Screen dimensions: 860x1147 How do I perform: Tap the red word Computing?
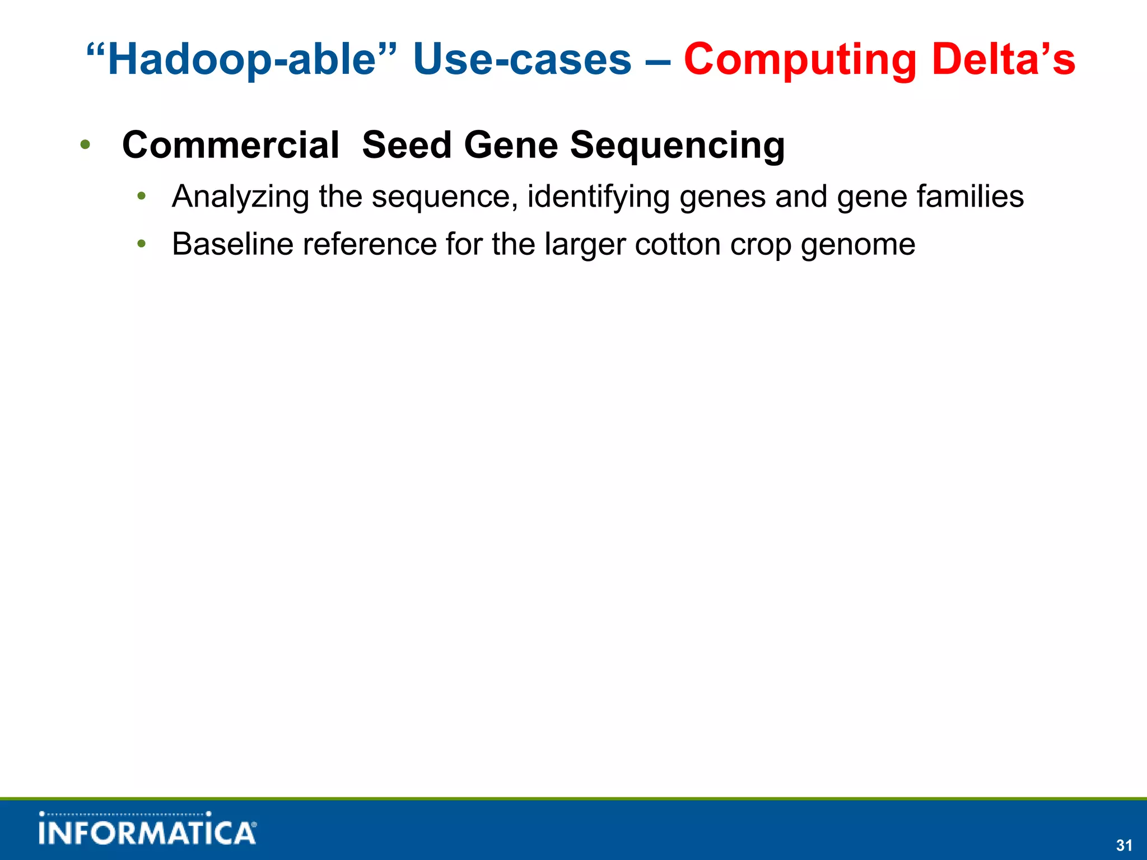800,60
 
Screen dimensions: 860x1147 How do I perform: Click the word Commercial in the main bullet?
231,145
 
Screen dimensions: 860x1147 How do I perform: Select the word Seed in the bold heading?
407,145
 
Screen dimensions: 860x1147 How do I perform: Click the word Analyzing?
240,197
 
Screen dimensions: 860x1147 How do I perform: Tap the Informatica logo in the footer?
148,829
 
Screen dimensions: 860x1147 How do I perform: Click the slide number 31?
1124,845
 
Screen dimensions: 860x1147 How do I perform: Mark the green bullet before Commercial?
85,146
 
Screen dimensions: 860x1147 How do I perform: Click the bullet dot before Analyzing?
142,197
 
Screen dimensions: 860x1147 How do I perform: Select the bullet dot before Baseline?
142,244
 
